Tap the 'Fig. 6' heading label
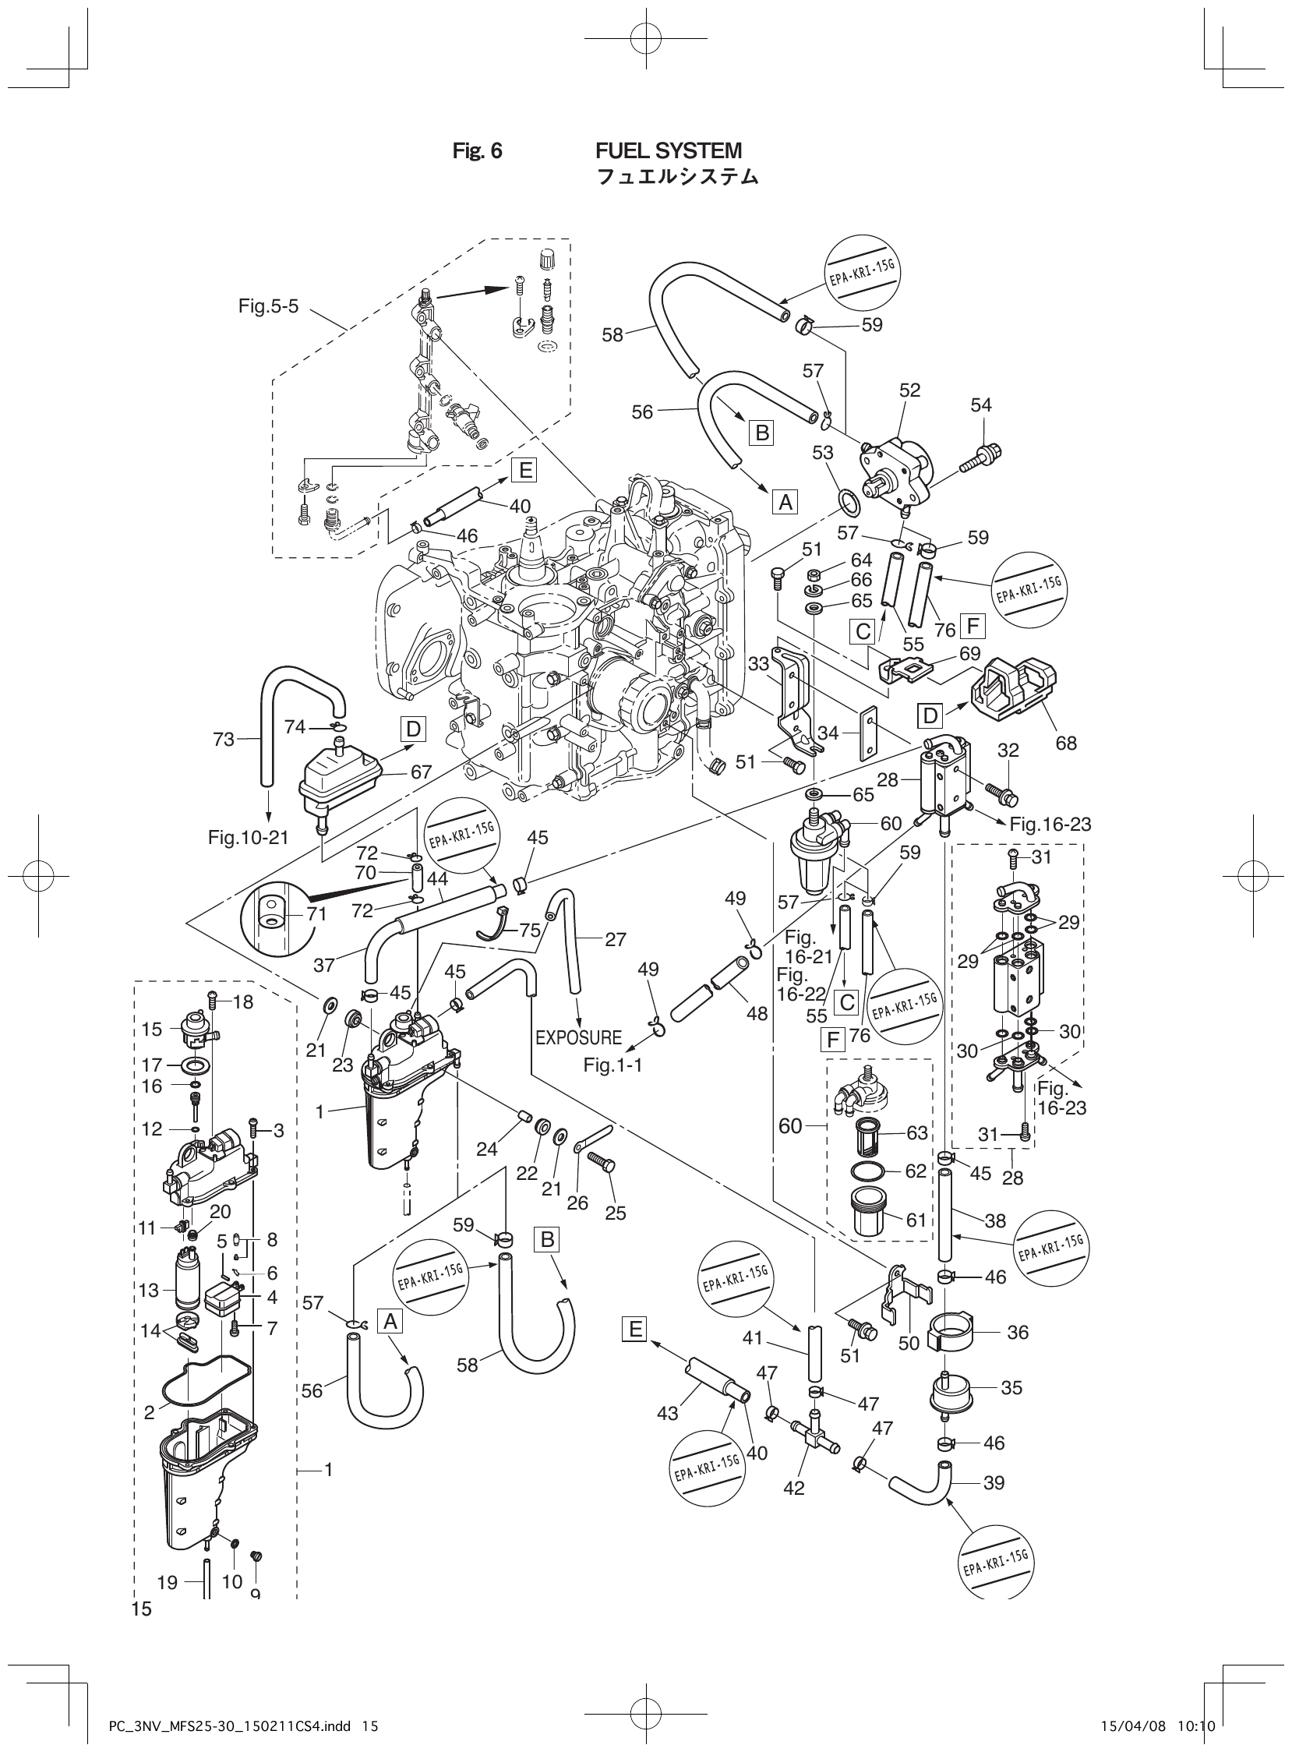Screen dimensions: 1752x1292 click(x=477, y=151)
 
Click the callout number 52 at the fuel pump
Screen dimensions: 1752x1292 click(x=909, y=390)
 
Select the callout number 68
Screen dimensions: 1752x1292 click(x=1066, y=743)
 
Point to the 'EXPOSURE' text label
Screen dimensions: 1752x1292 click(x=579, y=1038)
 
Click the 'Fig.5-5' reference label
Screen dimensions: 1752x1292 click(x=268, y=306)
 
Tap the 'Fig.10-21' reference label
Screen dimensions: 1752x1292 click(x=248, y=839)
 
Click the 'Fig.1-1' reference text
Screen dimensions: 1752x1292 click(x=613, y=1065)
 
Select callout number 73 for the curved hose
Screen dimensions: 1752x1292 click(x=224, y=739)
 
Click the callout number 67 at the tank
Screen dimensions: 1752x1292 click(x=422, y=772)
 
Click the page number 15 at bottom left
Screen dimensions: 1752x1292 click(x=142, y=1609)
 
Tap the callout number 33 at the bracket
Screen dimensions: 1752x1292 click(x=758, y=664)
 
